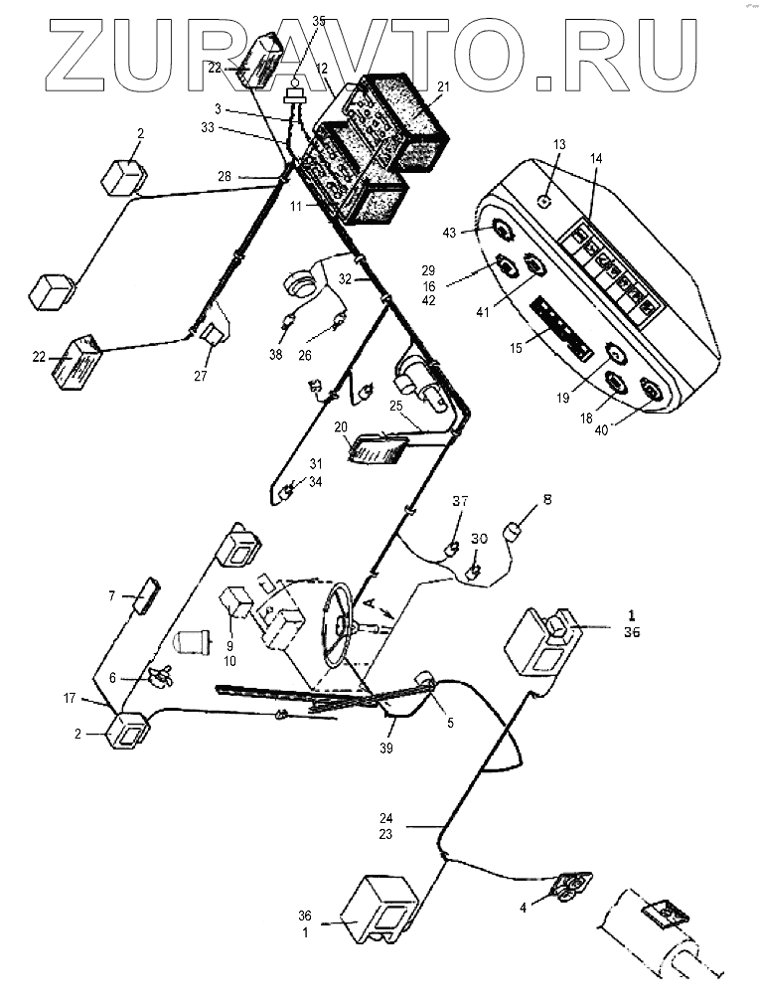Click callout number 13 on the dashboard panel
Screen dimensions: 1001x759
(x=559, y=145)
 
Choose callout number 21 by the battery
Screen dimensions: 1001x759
(x=443, y=87)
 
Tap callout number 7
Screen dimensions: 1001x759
(x=112, y=595)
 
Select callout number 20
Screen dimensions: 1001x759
(x=340, y=426)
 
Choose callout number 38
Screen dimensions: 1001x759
(x=276, y=354)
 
